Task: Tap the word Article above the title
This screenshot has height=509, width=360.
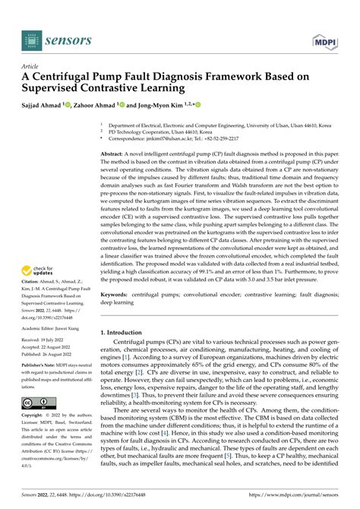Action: pyautogui.click(x=32, y=66)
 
